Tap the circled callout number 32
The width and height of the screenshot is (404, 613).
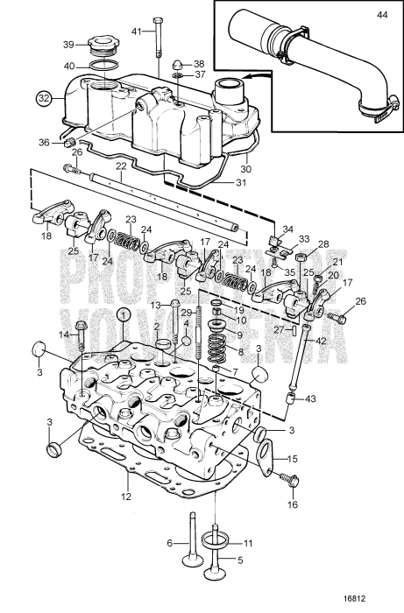click(x=42, y=98)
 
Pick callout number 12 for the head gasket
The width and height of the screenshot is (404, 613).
click(x=126, y=497)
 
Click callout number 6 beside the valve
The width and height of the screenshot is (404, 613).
click(x=171, y=543)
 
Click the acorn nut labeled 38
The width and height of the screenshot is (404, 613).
click(x=199, y=64)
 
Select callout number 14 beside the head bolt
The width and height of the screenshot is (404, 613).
click(x=63, y=335)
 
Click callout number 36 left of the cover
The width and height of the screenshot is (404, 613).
click(x=43, y=143)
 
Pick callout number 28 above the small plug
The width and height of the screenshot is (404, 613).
click(x=323, y=244)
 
